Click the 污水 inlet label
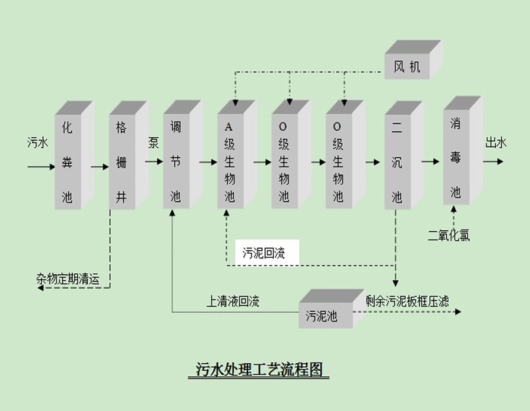(x=38, y=142)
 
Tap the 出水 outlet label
(x=495, y=142)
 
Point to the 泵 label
(x=154, y=142)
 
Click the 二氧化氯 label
(x=449, y=236)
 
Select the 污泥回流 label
(x=263, y=254)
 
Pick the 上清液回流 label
(x=233, y=301)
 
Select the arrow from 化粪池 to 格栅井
(x=100, y=167)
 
